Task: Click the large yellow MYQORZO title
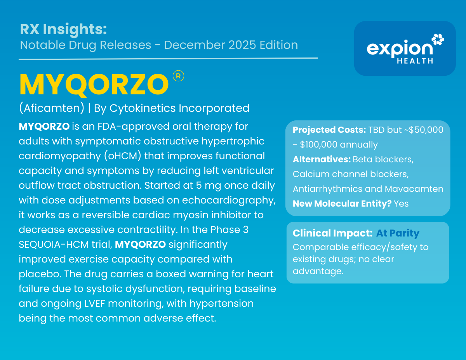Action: click(94, 85)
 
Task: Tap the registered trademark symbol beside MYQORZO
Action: click(178, 76)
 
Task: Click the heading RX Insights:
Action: click(63, 30)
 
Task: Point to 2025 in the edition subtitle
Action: click(242, 45)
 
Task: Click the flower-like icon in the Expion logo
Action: click(438, 40)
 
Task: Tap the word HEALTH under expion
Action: click(415, 61)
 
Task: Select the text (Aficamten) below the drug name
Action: click(52, 108)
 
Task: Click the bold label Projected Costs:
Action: click(329, 130)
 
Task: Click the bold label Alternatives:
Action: click(322, 159)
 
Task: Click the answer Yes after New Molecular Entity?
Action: click(401, 204)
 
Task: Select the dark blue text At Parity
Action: click(398, 233)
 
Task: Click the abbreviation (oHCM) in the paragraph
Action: click(123, 156)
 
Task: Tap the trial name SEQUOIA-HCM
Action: click(54, 245)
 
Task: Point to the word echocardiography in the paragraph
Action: click(229, 200)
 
